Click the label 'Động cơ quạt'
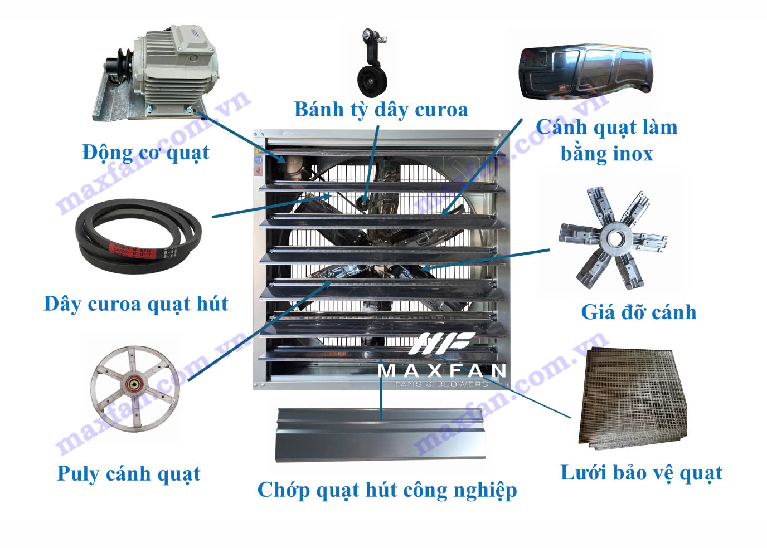[145, 153]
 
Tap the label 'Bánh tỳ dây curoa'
[381, 110]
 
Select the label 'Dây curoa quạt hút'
[136, 304]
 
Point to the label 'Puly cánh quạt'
[129, 474]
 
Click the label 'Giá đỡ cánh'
[639, 312]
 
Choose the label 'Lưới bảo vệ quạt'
[642, 473]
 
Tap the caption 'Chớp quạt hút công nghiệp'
[387, 491]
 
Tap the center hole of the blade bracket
[615, 238]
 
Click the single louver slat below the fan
[380, 434]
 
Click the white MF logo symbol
[441, 343]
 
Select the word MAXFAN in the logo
[441, 371]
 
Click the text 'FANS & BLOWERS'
[441, 384]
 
